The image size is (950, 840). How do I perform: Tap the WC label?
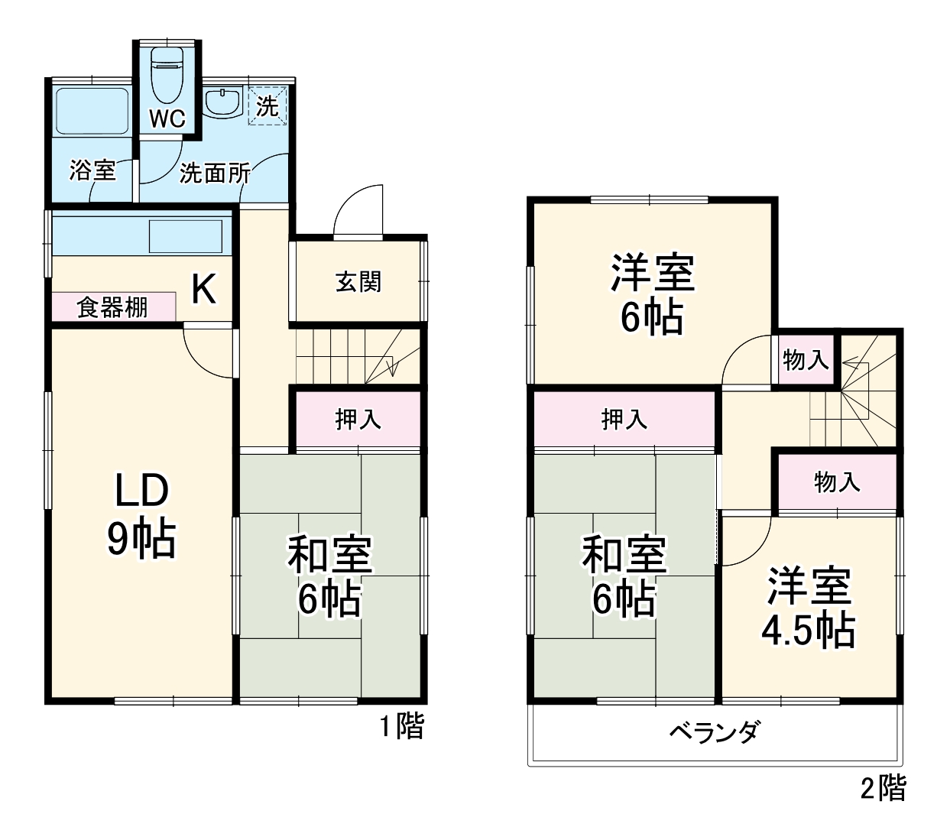[167, 118]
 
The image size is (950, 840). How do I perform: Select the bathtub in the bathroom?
[92, 112]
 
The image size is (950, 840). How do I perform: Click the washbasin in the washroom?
[224, 103]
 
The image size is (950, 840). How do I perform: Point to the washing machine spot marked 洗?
[267, 105]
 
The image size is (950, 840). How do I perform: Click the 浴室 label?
[92, 170]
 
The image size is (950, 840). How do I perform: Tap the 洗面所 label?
[215, 174]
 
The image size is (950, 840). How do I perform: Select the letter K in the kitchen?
[203, 289]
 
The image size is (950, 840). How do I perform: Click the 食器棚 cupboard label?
[112, 307]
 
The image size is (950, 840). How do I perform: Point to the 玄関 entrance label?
[358, 281]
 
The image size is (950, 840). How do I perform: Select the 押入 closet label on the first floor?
[358, 419]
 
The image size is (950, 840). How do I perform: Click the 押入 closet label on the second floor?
[624, 419]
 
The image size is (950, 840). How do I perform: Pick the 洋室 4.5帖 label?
[809, 608]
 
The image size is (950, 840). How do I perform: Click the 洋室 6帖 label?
[652, 294]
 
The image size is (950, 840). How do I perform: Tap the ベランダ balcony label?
[714, 732]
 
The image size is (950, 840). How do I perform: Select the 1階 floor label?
[402, 725]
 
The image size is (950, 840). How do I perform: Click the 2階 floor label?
[884, 788]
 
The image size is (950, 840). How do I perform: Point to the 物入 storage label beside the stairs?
[806, 358]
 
